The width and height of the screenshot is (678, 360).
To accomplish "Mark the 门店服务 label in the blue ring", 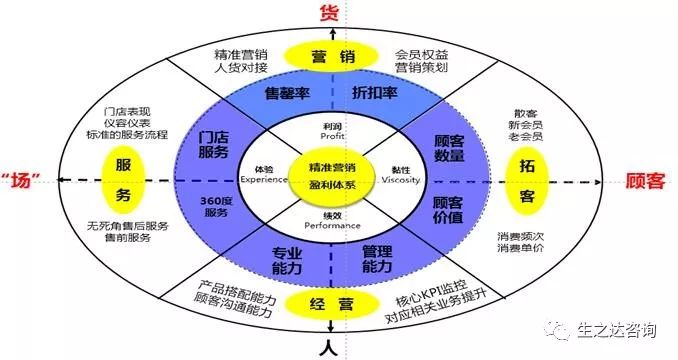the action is [214, 144].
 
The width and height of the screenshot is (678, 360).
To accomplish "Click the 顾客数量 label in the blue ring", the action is [448, 152].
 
